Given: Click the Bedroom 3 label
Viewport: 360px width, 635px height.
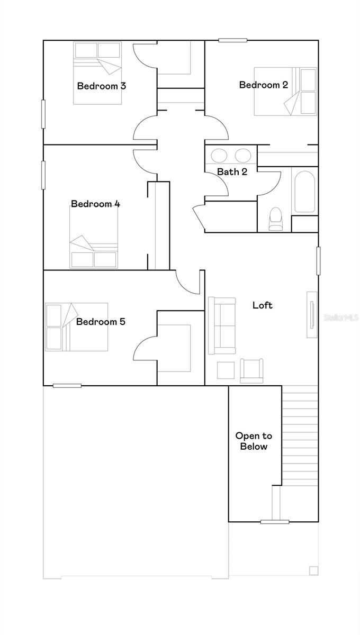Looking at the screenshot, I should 101,86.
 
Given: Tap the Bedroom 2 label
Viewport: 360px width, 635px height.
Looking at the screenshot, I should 263,85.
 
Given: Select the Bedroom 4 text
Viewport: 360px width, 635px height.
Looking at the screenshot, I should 95,204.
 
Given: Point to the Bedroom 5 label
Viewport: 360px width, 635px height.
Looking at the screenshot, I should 101,322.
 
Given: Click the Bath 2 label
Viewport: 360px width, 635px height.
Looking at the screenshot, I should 232,171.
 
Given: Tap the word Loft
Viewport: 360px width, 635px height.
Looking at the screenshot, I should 263,305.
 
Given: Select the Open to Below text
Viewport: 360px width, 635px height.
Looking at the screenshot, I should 254,441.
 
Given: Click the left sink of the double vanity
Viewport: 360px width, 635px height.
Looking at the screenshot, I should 219,156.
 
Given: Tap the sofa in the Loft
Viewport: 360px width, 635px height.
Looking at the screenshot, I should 222,325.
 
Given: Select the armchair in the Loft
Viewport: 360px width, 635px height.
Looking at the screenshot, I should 251,370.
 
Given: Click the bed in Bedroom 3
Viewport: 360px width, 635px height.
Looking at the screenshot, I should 97,73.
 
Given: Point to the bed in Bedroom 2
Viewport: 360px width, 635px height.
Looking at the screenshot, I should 286,91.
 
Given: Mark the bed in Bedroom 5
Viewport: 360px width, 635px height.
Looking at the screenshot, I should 76,327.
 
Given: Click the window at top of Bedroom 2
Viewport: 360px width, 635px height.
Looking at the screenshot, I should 233,40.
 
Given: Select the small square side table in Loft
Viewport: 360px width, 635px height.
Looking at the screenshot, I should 226,370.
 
